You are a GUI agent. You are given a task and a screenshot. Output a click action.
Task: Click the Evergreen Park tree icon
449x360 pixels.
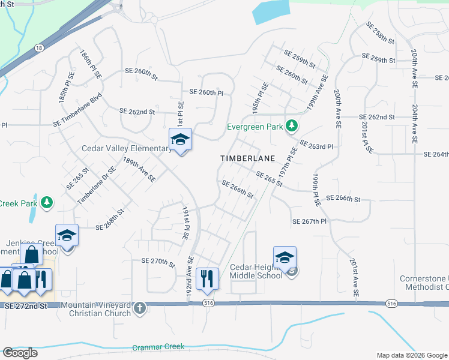(292, 126)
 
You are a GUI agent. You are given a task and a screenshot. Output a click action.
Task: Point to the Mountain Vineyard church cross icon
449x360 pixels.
(140, 308)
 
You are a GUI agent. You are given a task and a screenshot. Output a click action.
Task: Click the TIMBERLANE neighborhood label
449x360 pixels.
(247, 158)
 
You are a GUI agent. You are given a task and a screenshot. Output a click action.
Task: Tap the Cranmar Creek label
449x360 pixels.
(158, 347)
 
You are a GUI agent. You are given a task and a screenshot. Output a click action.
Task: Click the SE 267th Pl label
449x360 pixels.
(309, 221)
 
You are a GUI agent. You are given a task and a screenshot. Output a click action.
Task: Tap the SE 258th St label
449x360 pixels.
(381, 34)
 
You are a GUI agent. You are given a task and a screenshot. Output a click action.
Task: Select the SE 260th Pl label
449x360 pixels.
(206, 92)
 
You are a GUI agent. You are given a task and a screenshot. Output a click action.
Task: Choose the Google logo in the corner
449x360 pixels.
(20, 352)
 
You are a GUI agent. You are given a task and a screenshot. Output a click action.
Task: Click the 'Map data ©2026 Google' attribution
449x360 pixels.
(411, 355)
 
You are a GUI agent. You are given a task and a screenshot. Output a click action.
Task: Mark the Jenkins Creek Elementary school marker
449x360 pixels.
(67, 237)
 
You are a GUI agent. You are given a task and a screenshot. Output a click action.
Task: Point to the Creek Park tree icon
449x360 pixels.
(47, 203)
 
